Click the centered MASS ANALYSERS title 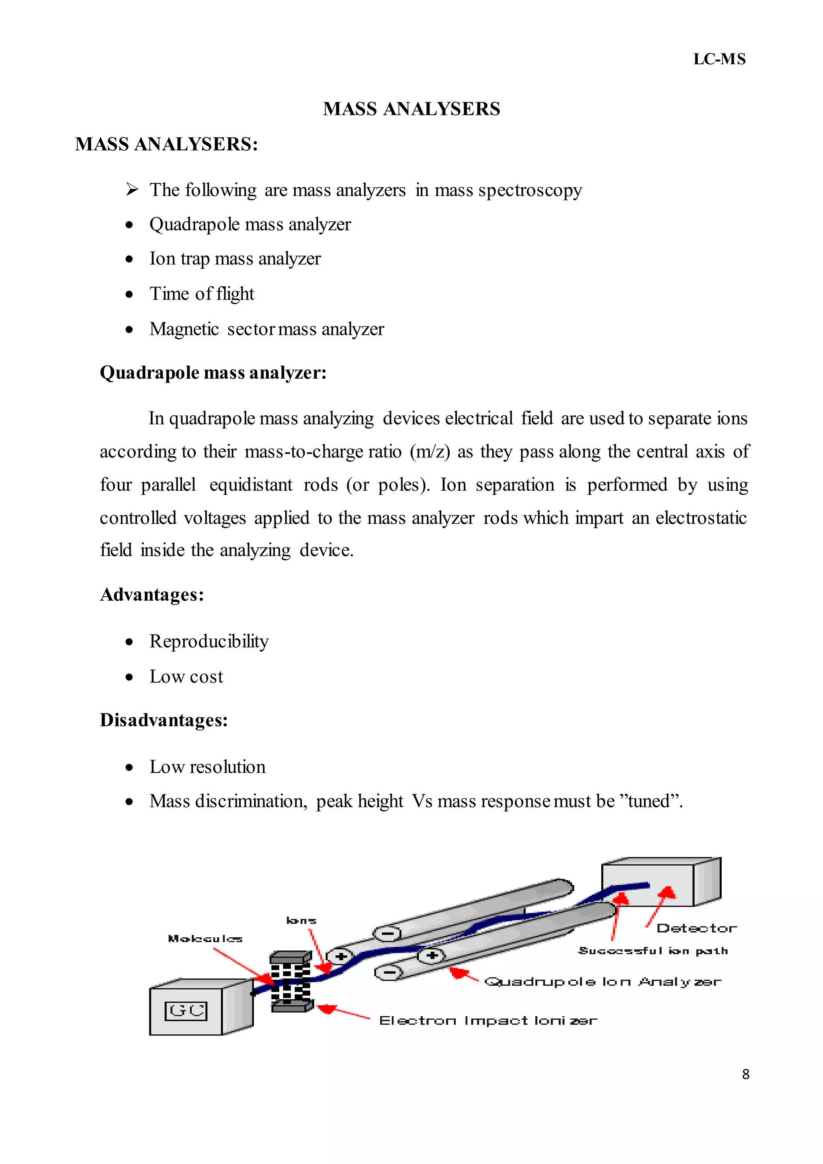(x=411, y=109)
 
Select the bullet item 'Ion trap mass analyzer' (x=235, y=259)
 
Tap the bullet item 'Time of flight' (x=202, y=294)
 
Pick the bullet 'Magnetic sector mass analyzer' (x=266, y=330)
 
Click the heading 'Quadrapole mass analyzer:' (x=213, y=373)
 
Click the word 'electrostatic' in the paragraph (x=701, y=518)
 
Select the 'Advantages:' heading (x=152, y=595)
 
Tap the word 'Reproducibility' (x=209, y=642)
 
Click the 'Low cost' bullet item (x=186, y=677)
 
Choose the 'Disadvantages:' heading (x=164, y=720)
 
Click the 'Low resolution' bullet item (x=207, y=768)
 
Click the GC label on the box (x=186, y=1011)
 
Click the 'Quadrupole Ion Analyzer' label (x=602, y=982)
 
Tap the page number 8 (x=745, y=1074)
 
